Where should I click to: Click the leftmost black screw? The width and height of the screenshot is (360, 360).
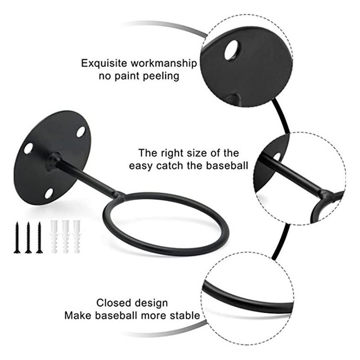point(17,237)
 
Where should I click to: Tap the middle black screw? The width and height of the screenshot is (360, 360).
point(28,237)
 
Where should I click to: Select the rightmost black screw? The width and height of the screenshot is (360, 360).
point(39,237)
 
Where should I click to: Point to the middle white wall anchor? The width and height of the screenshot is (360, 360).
point(66,237)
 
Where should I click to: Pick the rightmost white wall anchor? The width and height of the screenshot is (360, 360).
point(77,237)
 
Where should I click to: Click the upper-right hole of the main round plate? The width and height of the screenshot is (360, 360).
point(81,132)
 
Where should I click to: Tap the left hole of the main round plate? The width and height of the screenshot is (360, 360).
point(28,148)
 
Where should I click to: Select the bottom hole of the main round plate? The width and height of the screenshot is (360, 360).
point(49,193)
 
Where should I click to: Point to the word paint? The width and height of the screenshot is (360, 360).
point(128,76)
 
